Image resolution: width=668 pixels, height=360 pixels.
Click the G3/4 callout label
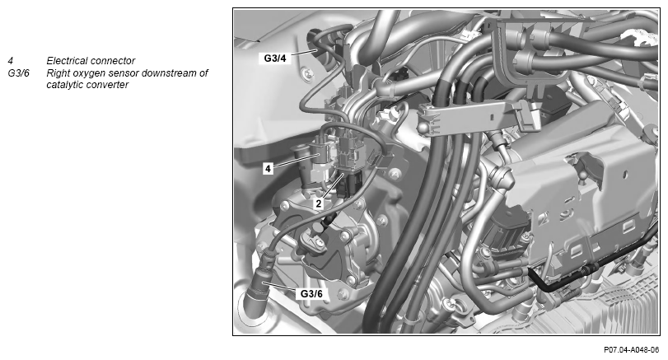(275, 58)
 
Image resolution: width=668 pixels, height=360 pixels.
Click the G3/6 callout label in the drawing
(311, 293)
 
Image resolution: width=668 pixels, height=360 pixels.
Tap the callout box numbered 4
(268, 169)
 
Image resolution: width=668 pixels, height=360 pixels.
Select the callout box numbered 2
(319, 203)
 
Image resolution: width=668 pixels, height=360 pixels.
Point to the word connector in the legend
(114, 60)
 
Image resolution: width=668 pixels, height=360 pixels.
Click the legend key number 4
(10, 60)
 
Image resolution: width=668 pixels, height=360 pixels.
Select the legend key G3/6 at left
(18, 72)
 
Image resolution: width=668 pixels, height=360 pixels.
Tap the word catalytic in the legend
(63, 85)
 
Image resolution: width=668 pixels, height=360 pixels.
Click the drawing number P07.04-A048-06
(632, 350)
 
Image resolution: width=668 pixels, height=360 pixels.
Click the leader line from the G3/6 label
(279, 288)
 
